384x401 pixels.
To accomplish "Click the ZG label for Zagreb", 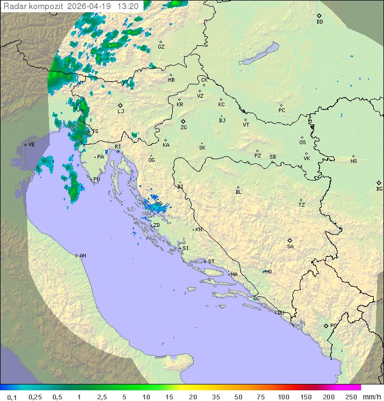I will [x=183, y=128].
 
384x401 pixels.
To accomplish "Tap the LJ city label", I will [x=121, y=112].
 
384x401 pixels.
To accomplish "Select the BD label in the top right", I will [x=319, y=22].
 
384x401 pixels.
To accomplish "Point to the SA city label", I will [x=290, y=247].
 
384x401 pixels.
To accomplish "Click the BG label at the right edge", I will [x=379, y=189].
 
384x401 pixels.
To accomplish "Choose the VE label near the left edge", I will [x=31, y=145].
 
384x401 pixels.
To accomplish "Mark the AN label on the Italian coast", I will [x=83, y=256].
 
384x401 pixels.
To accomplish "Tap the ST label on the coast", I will [x=211, y=262].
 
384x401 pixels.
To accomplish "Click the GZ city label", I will [x=161, y=47].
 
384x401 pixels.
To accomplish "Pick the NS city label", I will [x=354, y=161].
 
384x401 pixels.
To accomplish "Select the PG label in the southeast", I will [x=333, y=326].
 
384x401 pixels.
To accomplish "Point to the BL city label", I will [x=238, y=192].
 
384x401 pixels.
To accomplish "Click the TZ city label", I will [x=302, y=205].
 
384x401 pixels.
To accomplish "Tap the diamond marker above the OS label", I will [x=302, y=137].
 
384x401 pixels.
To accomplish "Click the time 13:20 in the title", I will [x=128, y=6].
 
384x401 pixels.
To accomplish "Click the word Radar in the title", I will [x=14, y=6].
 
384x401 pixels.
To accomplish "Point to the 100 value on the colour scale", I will [x=283, y=397].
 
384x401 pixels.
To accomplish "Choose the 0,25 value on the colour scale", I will [x=35, y=397].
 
